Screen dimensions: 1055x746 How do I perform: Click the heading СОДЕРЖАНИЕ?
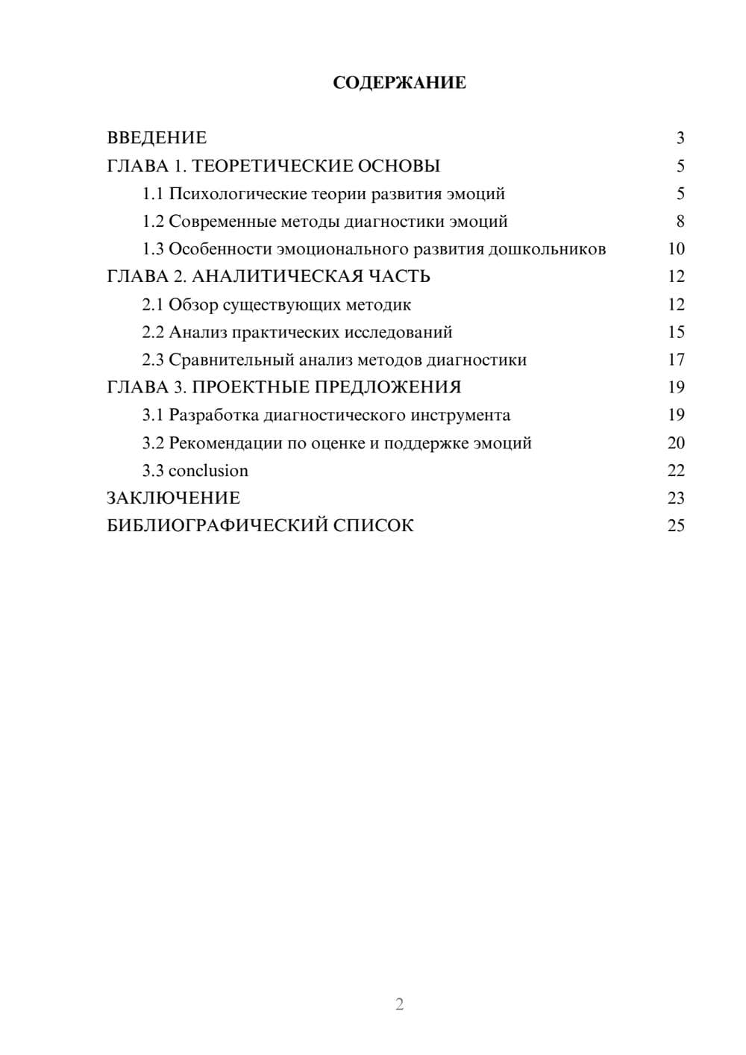[x=399, y=83]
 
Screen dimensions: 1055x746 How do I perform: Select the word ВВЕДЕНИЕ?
[x=157, y=138]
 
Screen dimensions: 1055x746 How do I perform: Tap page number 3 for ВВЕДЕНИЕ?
[x=680, y=138]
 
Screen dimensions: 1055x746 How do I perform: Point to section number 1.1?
[x=153, y=194]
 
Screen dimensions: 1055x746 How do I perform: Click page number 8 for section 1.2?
[x=680, y=222]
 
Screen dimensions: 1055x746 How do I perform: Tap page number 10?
[x=676, y=249]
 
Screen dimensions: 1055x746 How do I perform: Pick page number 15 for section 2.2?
[x=676, y=332]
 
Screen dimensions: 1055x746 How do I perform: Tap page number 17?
[x=676, y=360]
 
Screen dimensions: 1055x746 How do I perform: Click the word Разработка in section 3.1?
[x=214, y=415]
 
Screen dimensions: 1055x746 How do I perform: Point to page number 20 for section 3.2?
[x=676, y=443]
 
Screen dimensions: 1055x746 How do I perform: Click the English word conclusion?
[x=208, y=471]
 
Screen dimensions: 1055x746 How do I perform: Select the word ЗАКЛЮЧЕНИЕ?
[x=173, y=498]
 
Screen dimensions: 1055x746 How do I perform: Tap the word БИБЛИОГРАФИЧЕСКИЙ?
[x=217, y=526]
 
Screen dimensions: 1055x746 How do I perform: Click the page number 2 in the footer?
[x=399, y=1004]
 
